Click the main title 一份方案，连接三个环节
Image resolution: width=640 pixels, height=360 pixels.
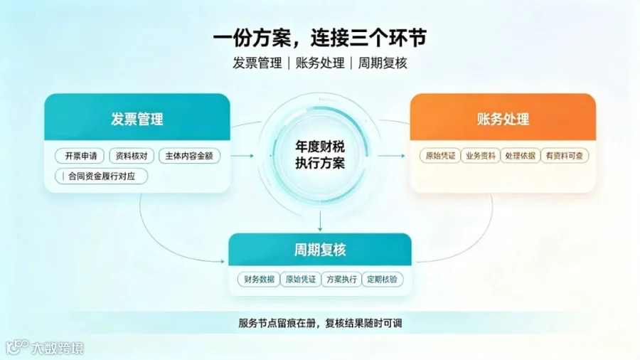(319, 38)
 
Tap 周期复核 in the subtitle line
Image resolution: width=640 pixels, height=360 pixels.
(383, 63)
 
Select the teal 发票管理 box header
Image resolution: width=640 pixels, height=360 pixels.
(137, 117)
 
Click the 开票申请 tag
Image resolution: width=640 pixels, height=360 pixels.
(80, 156)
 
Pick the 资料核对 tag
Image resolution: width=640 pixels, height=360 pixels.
(132, 156)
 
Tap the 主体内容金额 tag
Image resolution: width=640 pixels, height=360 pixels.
(189, 156)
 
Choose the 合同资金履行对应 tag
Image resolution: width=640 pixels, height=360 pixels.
(101, 176)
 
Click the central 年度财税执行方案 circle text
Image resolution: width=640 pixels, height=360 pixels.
(320, 154)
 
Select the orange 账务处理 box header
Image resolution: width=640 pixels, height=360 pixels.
(503, 117)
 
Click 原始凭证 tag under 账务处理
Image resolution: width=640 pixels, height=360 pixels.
(440, 156)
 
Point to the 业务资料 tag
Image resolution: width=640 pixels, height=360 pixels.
(481, 156)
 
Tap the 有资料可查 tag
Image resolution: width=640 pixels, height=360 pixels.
(565, 156)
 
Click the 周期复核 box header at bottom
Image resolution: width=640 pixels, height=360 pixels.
(320, 250)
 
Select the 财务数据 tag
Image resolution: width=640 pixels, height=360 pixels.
(259, 279)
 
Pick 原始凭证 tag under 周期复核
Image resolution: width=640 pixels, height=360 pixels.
(300, 279)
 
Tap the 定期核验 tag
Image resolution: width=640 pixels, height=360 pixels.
(382, 279)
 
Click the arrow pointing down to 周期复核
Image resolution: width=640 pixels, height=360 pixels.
(320, 222)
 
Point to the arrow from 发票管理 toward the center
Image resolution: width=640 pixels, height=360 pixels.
(242, 156)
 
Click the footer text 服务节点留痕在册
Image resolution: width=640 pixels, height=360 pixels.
(277, 323)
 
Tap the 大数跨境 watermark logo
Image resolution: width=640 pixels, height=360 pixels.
(45, 348)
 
